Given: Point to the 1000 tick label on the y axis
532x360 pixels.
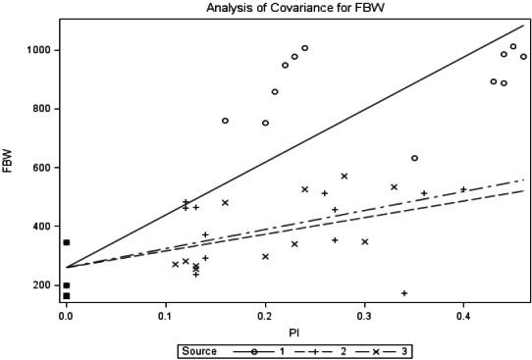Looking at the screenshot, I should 39,50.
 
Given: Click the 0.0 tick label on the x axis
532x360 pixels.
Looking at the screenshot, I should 66,317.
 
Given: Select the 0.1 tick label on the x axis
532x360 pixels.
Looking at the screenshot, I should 165,317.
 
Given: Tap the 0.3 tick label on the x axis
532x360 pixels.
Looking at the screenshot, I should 364,317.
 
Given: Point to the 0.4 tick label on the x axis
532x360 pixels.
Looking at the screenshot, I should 463,317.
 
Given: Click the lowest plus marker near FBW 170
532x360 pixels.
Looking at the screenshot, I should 404,293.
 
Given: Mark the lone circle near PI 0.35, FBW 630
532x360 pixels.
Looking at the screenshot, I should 414,158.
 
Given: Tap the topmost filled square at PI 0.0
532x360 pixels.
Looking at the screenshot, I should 66,242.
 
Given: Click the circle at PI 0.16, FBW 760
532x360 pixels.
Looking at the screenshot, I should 225,121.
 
